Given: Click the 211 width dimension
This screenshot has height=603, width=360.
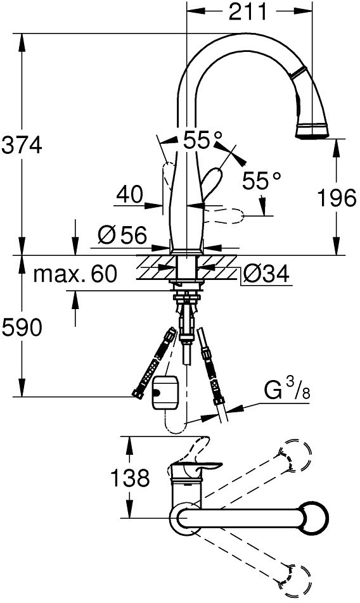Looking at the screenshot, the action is coord(247,12).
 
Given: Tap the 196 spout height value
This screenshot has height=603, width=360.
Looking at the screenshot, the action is coord(337,198).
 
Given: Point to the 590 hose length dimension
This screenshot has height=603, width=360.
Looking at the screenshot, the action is coord(22,327).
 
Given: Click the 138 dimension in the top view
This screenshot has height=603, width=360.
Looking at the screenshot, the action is coord(130,478).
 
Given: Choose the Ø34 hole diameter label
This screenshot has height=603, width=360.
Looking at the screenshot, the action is coord(267,275).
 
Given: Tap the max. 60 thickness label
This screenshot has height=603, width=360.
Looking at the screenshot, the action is coord(75,275).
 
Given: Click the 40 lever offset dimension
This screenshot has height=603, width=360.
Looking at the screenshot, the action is coord(130,194).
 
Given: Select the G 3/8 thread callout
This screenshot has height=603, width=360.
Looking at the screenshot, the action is coord(287,391).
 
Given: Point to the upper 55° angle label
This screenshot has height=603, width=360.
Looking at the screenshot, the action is coord(203,141).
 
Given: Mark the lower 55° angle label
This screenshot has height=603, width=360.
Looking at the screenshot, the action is coord(262,181).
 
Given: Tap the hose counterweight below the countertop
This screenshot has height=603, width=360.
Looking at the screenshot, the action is coord(166,393).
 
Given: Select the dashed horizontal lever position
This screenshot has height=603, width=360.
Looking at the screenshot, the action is coord(224,216).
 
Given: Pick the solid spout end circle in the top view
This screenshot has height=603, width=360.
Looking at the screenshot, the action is coord(314,517).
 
